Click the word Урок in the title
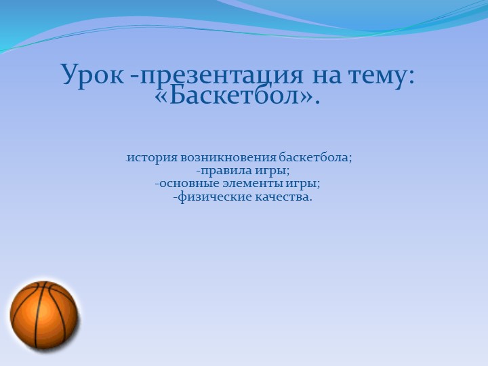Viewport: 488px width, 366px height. point(92,75)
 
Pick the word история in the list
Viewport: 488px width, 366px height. point(152,158)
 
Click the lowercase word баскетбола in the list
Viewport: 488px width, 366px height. point(315,158)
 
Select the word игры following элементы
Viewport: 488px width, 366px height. point(304,184)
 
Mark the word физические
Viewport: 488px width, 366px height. point(213,197)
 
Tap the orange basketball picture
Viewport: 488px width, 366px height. point(44,315)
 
